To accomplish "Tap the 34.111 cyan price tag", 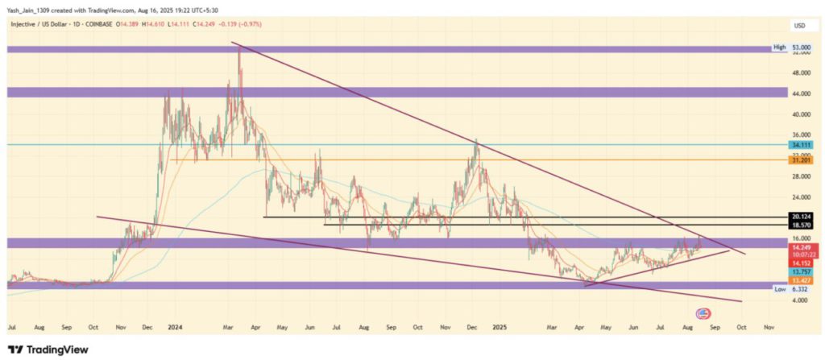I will click(x=800, y=146).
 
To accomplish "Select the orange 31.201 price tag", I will click(x=800, y=160).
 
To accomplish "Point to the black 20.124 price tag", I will click(x=800, y=217).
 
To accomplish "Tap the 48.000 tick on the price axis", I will click(x=800, y=72).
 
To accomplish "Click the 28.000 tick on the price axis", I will click(x=800, y=176).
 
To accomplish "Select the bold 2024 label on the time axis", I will click(x=175, y=329).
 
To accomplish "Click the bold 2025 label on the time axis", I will click(x=500, y=329).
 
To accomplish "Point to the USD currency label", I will click(x=800, y=27).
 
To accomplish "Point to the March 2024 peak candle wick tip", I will click(x=239, y=47).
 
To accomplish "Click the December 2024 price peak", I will click(x=476, y=140).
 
